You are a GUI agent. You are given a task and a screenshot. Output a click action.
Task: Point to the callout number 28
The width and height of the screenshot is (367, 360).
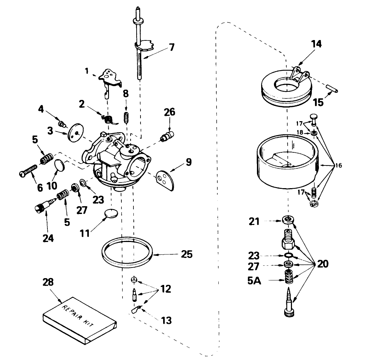click(x=48, y=282)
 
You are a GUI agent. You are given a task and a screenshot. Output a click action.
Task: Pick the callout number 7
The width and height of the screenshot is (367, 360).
click(x=171, y=47)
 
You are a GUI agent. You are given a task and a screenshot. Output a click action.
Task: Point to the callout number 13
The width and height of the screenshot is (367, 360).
click(x=166, y=320)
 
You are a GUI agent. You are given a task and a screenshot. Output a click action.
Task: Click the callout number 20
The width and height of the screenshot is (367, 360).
click(x=322, y=264)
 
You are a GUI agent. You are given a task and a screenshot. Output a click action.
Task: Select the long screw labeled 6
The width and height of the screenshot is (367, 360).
click(x=28, y=171)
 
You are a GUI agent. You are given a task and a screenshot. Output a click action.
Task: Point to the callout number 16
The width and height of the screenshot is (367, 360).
click(x=339, y=165)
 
